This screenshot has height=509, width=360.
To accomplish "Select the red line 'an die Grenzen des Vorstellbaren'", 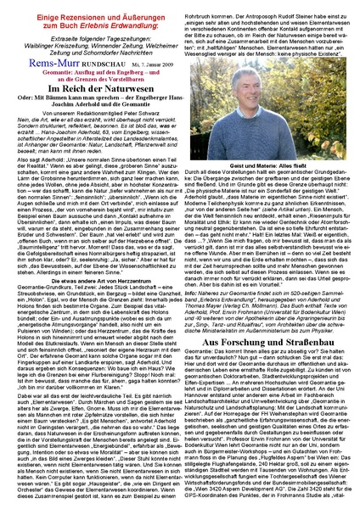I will click(94, 82).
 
